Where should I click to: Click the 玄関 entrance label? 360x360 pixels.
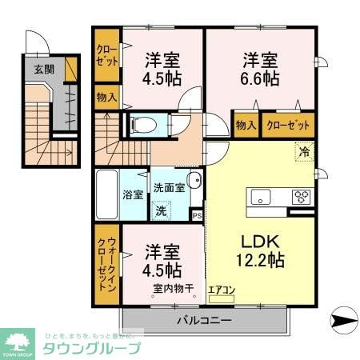tap(43, 70)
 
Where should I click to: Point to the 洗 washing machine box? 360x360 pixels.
tap(162, 211)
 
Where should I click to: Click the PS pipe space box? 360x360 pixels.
tap(198, 214)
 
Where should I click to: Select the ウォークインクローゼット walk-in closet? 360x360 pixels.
tap(106, 268)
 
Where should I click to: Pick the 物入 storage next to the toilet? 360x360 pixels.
tap(106, 98)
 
